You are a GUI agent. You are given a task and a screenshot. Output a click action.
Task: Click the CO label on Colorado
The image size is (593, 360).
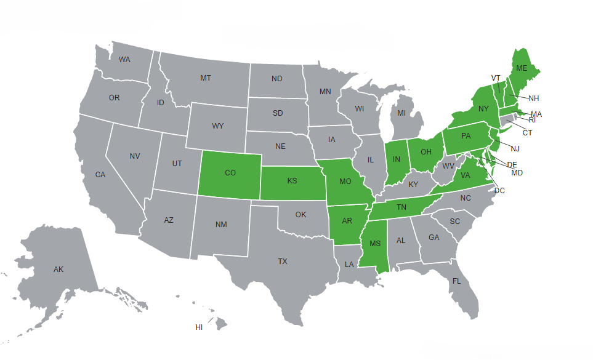pos(230,174)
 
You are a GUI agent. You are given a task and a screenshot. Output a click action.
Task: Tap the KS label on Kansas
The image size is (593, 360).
pos(292,182)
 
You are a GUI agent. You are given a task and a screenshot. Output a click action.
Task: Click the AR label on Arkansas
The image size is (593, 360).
pos(346,221)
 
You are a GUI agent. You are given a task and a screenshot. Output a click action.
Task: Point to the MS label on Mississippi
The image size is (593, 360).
pos(375,244)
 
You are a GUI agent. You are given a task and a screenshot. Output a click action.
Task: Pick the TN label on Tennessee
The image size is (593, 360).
pos(401,208)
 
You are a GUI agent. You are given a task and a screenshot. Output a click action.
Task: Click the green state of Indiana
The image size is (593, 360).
pos(397,160)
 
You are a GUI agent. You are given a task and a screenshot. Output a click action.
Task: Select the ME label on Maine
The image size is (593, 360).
pos(522,68)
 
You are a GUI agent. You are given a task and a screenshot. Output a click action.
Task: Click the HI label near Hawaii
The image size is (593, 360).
pos(199,327)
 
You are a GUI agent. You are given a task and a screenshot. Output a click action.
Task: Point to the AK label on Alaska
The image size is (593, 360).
pos(58,270)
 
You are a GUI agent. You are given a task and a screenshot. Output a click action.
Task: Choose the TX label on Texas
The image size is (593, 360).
pos(282,262)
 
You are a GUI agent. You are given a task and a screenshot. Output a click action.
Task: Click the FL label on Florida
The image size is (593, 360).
pos(456,281)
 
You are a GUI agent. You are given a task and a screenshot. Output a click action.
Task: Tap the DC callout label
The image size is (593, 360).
pos(499,191)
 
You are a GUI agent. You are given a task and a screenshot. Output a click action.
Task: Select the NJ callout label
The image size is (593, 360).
pos(515,149)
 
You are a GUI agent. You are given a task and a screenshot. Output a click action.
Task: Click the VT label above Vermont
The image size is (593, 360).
pos(496,78)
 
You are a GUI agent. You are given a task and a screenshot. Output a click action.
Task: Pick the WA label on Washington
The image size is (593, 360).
pos(124,60)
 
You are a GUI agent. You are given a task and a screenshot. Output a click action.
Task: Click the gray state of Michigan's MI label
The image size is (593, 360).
pos(401,113)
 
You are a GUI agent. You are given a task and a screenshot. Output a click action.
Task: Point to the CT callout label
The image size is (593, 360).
pos(528,132)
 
